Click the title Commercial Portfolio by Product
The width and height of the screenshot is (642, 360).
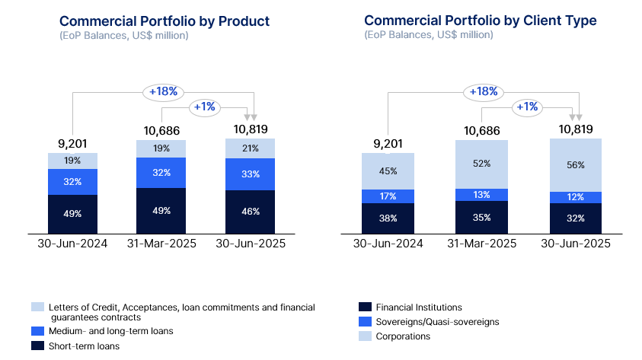[164, 21]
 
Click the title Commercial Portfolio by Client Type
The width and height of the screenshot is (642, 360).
[481, 21]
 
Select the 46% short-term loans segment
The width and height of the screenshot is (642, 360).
[250, 212]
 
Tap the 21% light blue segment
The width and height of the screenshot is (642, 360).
[250, 148]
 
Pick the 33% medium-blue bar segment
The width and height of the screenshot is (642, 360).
[250, 174]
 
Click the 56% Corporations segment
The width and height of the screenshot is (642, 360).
[576, 165]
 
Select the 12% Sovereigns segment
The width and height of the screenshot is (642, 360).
[576, 197]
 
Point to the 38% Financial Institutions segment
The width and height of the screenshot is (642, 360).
[388, 218]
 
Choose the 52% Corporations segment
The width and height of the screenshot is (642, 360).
[481, 164]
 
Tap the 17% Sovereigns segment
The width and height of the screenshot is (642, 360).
[388, 196]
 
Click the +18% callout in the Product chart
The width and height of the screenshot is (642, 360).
[163, 91]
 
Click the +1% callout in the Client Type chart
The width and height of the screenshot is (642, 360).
[525, 107]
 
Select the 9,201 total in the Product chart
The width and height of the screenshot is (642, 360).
[72, 143]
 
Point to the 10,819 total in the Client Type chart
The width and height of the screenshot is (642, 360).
[576, 129]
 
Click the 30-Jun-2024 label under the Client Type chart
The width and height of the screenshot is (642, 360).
[388, 244]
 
